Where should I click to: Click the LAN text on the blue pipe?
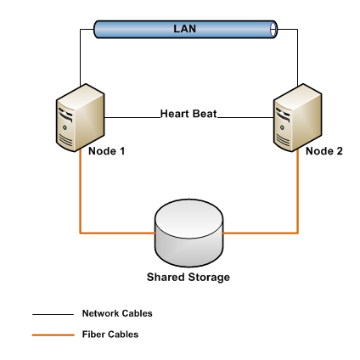185,30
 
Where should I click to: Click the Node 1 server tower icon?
81,119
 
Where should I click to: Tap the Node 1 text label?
107,151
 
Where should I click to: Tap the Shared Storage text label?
188,278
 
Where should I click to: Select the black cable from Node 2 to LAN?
298,59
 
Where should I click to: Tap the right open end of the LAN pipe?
273,30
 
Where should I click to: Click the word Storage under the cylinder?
208,278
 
